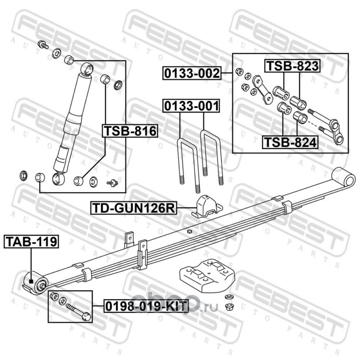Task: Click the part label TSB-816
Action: [x=130, y=131]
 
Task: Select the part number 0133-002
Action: [x=192, y=73]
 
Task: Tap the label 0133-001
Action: [x=191, y=106]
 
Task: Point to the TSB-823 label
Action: [x=292, y=66]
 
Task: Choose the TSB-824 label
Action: [x=290, y=142]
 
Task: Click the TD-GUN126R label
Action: [x=134, y=208]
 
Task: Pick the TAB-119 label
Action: [x=31, y=242]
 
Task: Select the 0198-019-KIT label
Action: [x=146, y=306]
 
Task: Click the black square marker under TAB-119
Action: [x=31, y=282]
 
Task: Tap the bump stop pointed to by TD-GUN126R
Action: [x=207, y=206]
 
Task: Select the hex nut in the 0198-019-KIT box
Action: [x=54, y=296]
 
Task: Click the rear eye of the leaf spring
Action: [x=344, y=177]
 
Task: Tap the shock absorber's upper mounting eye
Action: [x=87, y=69]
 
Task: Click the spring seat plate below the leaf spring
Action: [x=207, y=275]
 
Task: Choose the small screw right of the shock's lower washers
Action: [x=112, y=183]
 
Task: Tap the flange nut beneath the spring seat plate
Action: [x=228, y=306]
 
